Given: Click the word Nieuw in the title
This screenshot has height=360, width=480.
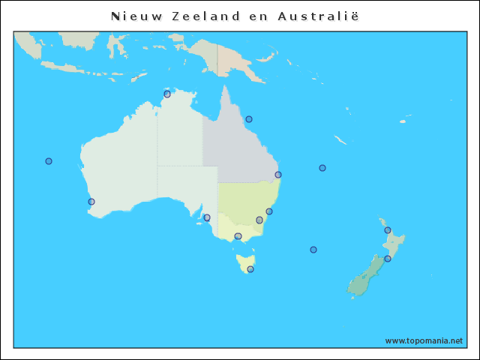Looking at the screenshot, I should coord(132,16).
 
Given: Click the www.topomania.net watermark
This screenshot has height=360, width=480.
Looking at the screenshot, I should coord(424,340).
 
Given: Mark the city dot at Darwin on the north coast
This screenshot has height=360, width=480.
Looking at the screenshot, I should coord(167,94).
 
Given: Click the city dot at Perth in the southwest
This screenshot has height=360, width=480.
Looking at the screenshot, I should coord(91,202).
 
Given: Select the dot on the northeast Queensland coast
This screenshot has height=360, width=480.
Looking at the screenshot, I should coord(249,119).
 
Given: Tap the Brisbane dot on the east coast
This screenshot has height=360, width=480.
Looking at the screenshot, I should coord(278,175).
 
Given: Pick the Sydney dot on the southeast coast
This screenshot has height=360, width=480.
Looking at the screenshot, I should coord(269,211).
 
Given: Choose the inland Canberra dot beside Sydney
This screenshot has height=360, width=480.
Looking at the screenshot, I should coord(259,220).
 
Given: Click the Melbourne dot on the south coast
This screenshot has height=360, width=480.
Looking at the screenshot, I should coord(238,236).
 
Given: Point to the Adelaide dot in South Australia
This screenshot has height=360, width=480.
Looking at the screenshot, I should coord(207,218).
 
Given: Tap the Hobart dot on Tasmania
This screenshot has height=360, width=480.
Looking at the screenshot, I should coord(250,269).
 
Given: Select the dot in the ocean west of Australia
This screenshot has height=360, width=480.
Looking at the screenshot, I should coord(49,161).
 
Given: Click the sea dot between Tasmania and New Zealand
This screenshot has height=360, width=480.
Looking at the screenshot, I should coord(313,250).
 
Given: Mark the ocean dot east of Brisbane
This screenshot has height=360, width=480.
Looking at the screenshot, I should coord(322,168).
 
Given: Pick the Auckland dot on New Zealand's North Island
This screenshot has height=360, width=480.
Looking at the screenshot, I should coord(388,230).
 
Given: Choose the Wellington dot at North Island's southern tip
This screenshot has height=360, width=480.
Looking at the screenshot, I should coord(388,259).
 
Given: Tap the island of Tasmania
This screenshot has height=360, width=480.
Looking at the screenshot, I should coord(244,262).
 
